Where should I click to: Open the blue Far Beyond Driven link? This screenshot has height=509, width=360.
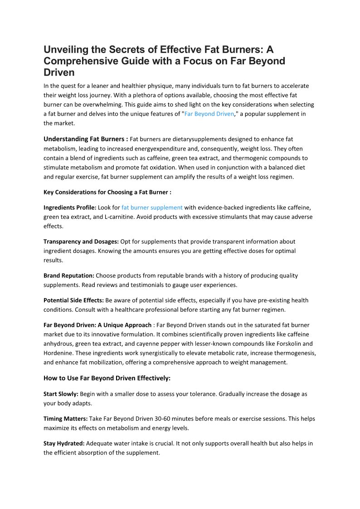tap(209, 114)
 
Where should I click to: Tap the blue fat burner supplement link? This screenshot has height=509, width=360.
tap(152, 208)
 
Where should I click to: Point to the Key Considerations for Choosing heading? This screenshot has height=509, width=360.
tap(107, 192)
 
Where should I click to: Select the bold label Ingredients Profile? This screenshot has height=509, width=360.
tap(70, 208)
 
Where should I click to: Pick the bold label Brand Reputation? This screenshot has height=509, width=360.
tap(69, 276)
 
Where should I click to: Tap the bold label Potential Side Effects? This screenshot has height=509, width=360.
tap(73, 301)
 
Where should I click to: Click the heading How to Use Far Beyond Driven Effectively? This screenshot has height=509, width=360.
tap(107, 378)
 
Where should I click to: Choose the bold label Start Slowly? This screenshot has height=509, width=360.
tap(61, 394)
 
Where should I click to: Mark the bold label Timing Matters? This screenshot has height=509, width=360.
tap(65, 419)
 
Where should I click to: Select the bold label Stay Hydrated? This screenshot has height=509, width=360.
tap(64, 443)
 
